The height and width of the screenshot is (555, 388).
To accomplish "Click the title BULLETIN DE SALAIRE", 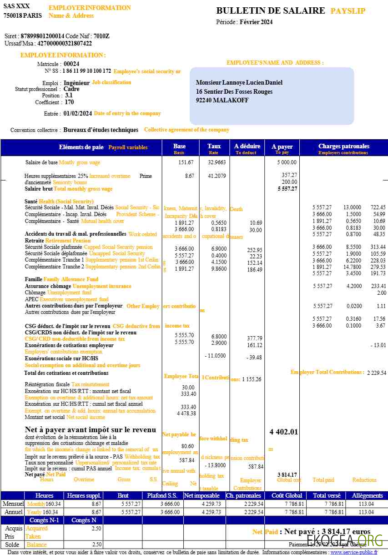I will tap(271, 11).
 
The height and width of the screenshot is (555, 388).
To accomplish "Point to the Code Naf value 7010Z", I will tap(101, 36).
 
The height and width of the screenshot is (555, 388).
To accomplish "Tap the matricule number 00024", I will tap(71, 64).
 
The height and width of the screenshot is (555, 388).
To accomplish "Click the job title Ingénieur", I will tap(76, 83).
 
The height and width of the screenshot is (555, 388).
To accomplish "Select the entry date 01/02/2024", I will tap(78, 114).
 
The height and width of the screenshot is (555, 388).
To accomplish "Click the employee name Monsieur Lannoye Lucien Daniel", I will tap(239, 83).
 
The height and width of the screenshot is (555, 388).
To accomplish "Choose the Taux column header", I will tap(214, 146).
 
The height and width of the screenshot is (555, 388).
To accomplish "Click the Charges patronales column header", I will tap(343, 146).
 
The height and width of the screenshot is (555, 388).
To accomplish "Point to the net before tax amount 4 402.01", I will tap(283, 432).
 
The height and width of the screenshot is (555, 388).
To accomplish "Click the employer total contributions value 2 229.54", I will tap(376, 373).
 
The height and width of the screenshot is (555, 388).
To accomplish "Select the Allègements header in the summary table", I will tap(367, 495).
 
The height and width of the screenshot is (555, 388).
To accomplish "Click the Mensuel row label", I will tap(13, 504).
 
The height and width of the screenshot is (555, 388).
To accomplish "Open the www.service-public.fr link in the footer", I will tap(353, 552).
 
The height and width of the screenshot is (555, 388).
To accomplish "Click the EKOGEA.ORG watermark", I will tap(345, 540).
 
